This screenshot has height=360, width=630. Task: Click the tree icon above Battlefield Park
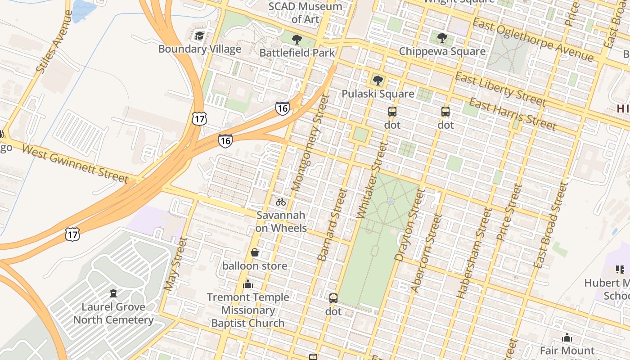pyautogui.click(x=297, y=40)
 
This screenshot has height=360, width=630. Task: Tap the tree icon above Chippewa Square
pyautogui.click(x=442, y=38)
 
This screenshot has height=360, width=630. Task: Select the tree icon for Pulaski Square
pyautogui.click(x=378, y=81)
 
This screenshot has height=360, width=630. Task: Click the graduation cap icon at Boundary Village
pyautogui.click(x=199, y=36)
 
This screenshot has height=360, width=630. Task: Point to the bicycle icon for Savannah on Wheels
pyautogui.click(x=281, y=202)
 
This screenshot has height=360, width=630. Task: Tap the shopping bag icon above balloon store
pyautogui.click(x=255, y=252)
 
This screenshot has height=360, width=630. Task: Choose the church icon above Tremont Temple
pyautogui.click(x=247, y=284)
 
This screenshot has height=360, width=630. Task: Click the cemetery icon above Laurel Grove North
pyautogui.click(x=113, y=293)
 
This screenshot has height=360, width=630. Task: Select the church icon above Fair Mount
pyautogui.click(x=567, y=337)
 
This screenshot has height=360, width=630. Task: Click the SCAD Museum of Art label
pyautogui.click(x=305, y=13)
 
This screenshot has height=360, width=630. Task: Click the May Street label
pyautogui.click(x=175, y=264)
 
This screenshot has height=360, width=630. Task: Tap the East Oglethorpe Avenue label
pyautogui.click(x=533, y=40)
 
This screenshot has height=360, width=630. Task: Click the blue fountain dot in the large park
pyautogui.click(x=390, y=201)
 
